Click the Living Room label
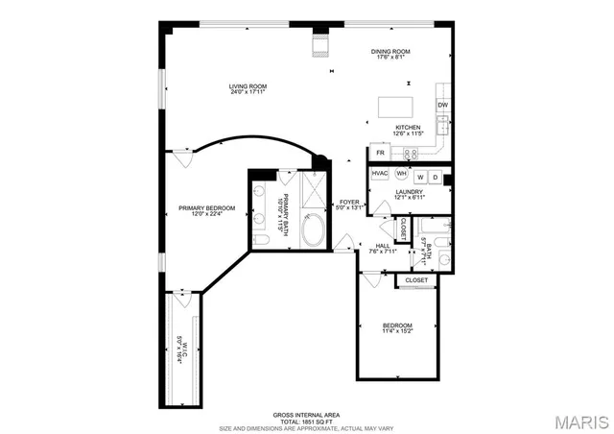pyautogui.click(x=248, y=90)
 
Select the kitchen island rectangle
pyautogui.click(x=394, y=106)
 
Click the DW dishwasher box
pyautogui.click(x=442, y=105)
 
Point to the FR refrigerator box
pyautogui.click(x=381, y=153)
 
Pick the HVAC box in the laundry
pyautogui.click(x=379, y=174)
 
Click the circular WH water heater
pyautogui.click(x=402, y=173)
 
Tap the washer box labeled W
pyautogui.click(x=420, y=177)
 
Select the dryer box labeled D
pyautogui.click(x=435, y=177)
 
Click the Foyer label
pyautogui.click(x=349, y=205)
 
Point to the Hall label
pyautogui.click(x=382, y=248)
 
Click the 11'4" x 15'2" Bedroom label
pyautogui.click(x=397, y=327)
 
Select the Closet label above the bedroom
pyautogui.click(x=416, y=280)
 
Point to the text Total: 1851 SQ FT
pyautogui.click(x=306, y=420)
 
